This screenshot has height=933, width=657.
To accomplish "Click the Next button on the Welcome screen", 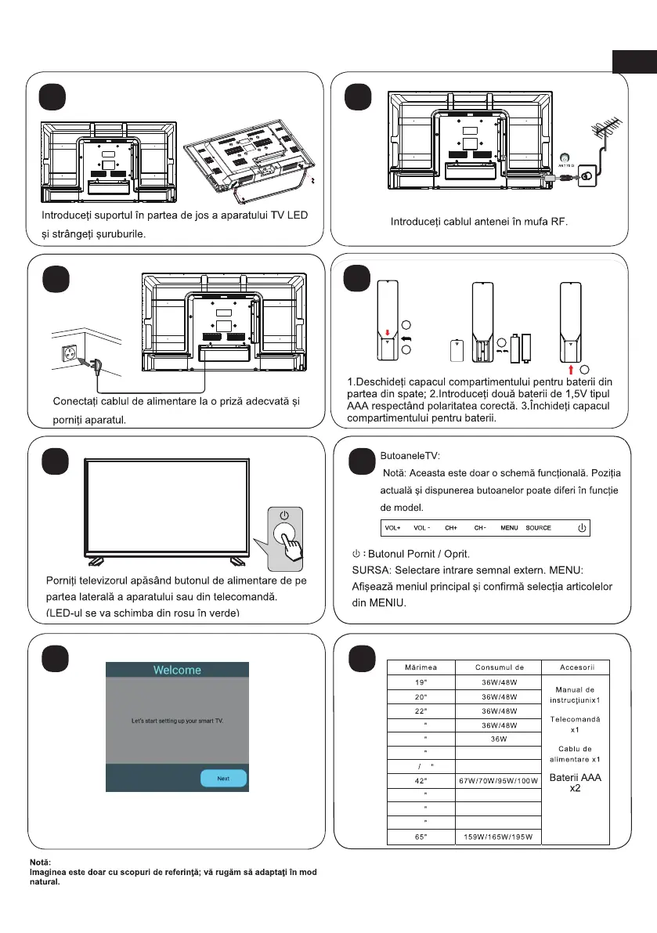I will [x=223, y=779].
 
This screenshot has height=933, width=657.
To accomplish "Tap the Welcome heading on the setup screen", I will [x=177, y=670].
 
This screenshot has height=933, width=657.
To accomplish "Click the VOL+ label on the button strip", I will [x=392, y=528].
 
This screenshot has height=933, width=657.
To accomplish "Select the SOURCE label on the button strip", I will [x=538, y=528].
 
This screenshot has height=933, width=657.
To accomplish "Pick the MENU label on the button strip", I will [x=510, y=528].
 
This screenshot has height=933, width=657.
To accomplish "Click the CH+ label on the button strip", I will [x=451, y=528].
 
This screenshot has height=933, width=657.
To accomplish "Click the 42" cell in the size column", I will [x=421, y=781].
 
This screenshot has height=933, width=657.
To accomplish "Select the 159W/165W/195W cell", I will [x=498, y=837].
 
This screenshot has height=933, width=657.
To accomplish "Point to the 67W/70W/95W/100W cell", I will [x=498, y=781].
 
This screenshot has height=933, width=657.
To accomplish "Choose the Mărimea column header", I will [x=421, y=667].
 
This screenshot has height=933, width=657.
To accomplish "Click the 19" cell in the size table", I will [x=421, y=682].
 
